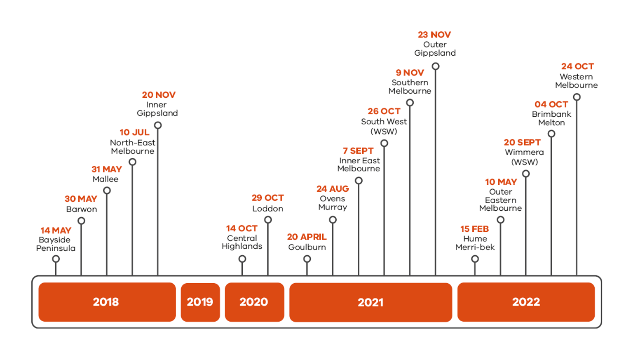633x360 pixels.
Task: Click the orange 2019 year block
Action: (x=200, y=302)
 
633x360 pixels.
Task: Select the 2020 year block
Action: (x=254, y=302)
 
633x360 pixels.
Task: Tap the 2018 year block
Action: (x=107, y=302)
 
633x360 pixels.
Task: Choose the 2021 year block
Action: (x=370, y=302)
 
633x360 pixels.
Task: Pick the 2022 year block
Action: (x=526, y=302)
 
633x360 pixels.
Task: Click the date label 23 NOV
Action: (x=434, y=35)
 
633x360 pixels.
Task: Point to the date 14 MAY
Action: (x=56, y=231)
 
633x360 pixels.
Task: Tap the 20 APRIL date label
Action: (x=307, y=237)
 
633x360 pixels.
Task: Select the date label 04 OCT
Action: (x=551, y=104)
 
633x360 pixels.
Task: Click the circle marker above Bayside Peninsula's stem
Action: (x=56, y=259)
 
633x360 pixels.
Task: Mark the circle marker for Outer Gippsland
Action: (x=435, y=66)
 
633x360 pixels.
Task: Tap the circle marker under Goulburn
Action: (x=307, y=259)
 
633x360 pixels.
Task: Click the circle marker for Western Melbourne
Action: (x=577, y=97)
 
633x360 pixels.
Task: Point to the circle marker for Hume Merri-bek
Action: (x=475, y=259)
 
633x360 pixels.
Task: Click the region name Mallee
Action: (x=105, y=179)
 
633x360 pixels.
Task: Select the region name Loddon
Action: (x=267, y=209)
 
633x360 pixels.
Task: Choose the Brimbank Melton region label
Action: (x=551, y=118)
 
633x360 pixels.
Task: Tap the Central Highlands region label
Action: (x=242, y=242)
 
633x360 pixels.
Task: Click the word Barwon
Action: (x=82, y=209)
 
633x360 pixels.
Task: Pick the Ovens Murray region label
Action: (x=333, y=203)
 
